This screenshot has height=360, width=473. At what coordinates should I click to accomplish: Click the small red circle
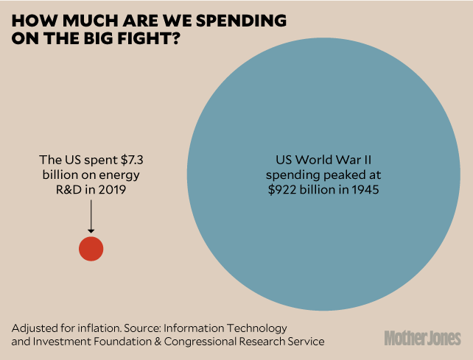pos(91,249)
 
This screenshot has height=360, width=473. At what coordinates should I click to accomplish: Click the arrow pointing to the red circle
pos(91,219)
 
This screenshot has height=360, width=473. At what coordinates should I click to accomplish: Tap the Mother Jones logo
pos(422,338)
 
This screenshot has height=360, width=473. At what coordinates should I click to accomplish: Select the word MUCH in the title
pos(85,20)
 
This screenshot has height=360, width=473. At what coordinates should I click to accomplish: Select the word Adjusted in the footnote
pos(34,327)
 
